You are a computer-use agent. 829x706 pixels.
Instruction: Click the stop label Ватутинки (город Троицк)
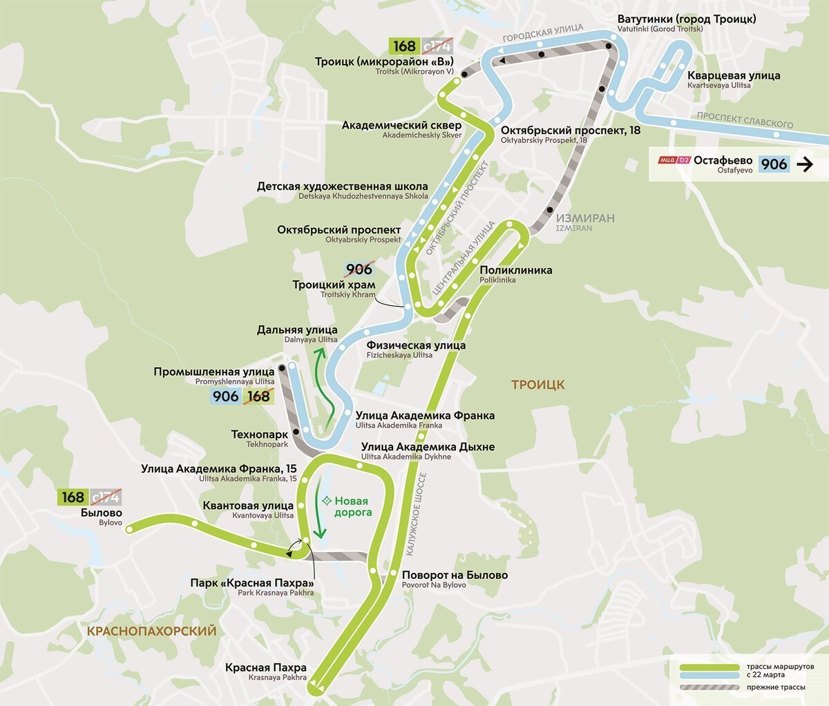click(x=686, y=19)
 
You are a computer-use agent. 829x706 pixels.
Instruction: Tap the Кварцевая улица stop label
click(x=733, y=76)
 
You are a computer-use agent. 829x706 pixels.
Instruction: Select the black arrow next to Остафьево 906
click(x=804, y=164)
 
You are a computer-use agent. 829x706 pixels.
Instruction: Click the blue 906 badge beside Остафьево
click(x=774, y=164)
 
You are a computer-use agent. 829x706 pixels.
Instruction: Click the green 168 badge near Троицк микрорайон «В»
click(x=404, y=46)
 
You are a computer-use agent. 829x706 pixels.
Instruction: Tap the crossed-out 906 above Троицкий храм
click(x=359, y=269)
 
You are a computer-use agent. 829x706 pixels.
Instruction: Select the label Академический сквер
click(x=401, y=126)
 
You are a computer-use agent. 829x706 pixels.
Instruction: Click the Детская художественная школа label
click(x=342, y=187)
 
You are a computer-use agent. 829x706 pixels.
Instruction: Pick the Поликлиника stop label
click(x=515, y=270)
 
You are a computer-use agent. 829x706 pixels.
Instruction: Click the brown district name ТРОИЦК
click(x=537, y=385)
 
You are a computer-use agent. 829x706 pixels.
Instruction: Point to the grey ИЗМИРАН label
click(x=584, y=218)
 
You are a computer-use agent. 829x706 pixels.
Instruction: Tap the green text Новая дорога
click(x=352, y=506)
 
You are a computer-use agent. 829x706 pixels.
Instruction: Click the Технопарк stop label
click(x=259, y=435)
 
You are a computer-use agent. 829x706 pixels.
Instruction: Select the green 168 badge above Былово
click(x=73, y=497)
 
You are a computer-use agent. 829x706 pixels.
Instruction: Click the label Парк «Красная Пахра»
click(x=251, y=583)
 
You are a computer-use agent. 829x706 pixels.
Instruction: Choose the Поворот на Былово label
click(x=455, y=575)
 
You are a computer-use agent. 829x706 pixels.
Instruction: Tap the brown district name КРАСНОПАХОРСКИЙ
click(x=151, y=631)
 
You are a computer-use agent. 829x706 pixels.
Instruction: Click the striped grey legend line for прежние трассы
click(x=709, y=687)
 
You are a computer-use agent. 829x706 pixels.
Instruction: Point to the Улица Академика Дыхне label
click(x=428, y=447)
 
